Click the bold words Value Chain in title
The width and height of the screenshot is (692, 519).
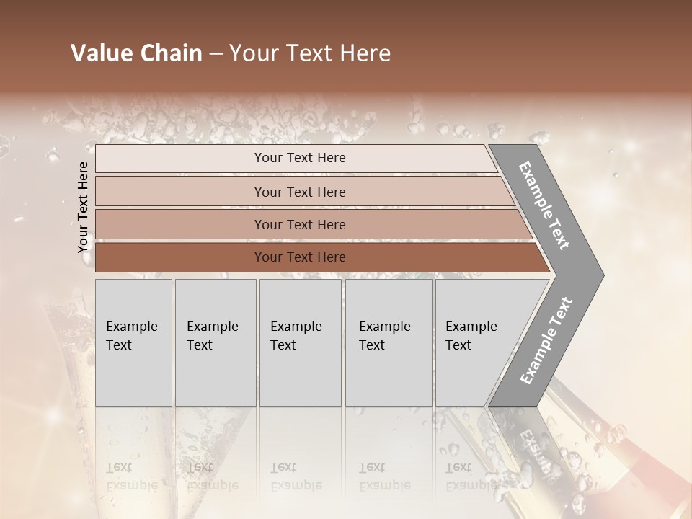[136, 53]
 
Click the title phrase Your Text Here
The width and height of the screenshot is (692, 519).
[310, 53]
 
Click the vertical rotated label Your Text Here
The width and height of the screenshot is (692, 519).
[83, 207]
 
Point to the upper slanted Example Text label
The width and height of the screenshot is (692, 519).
[544, 205]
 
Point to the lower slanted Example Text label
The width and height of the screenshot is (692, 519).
[546, 340]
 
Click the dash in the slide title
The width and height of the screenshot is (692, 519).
[216, 54]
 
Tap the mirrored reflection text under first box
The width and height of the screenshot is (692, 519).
[131, 476]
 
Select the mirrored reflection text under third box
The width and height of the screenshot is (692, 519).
[296, 476]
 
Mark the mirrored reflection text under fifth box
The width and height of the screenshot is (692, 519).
[471, 476]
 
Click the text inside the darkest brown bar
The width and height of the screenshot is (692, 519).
[300, 257]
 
